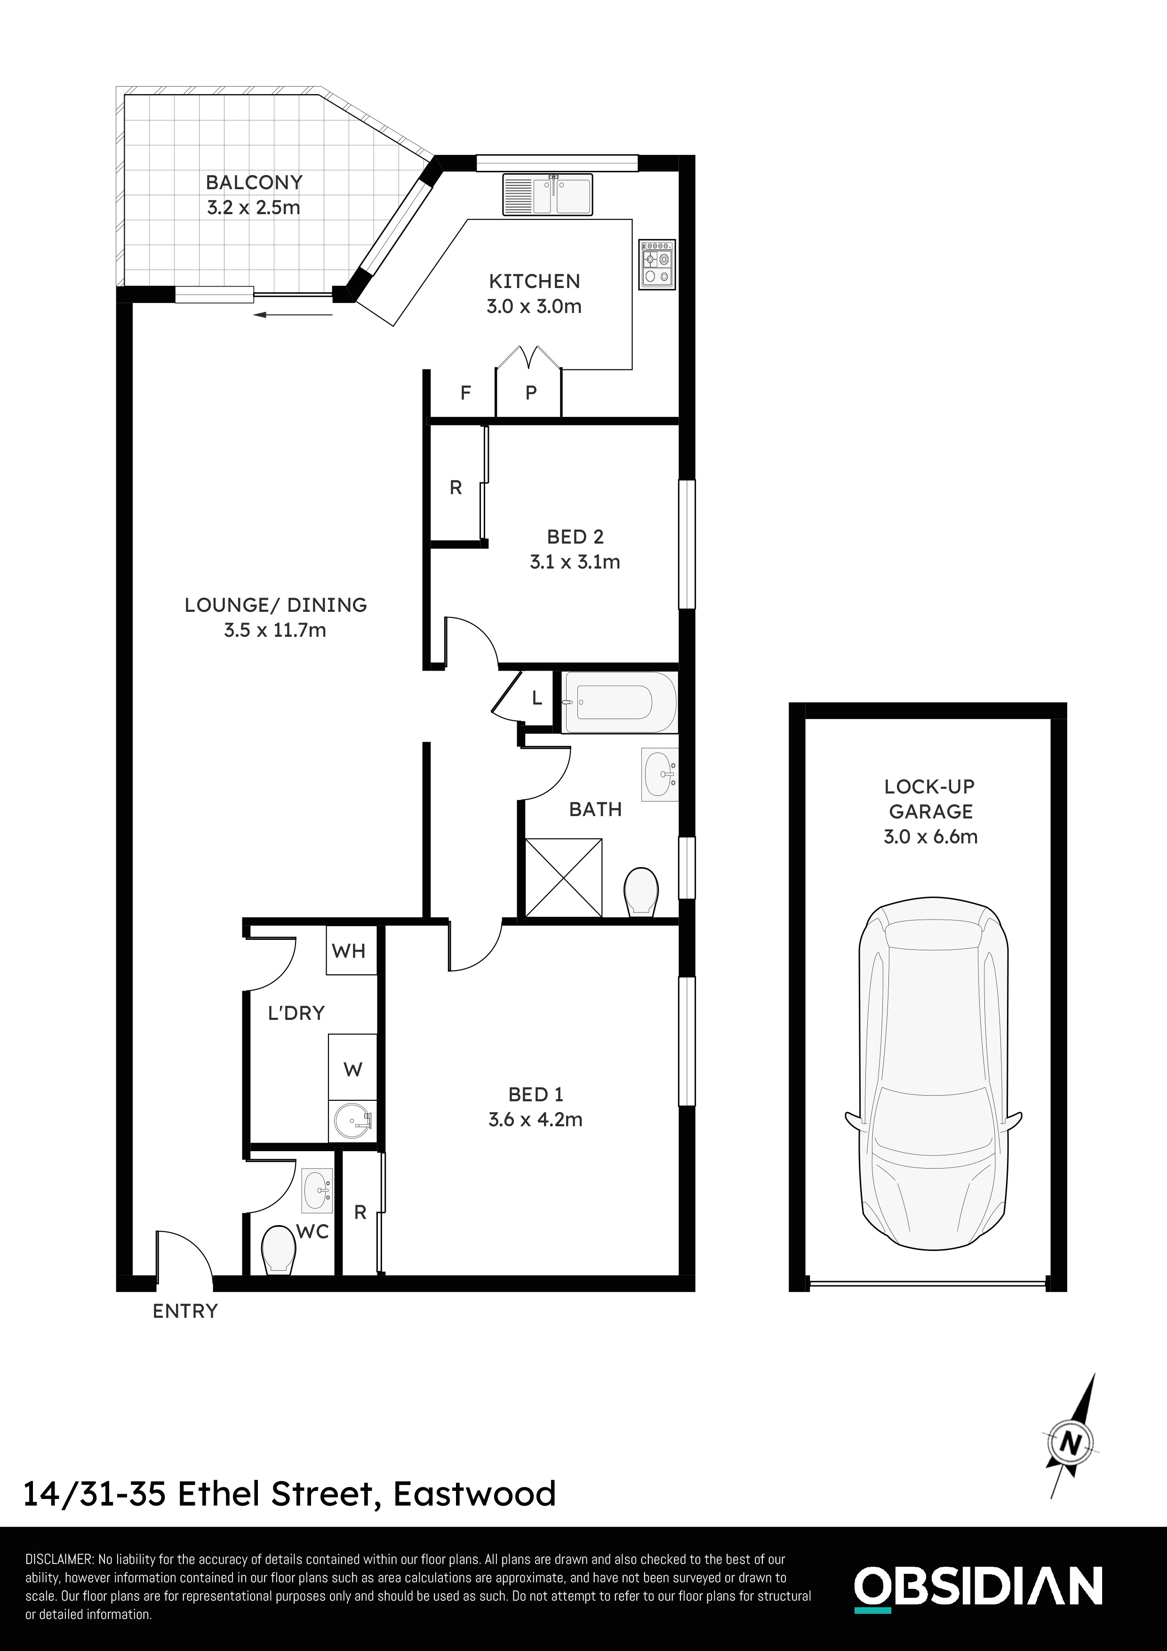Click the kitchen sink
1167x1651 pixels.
coord(548,194)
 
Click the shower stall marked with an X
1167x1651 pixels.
coord(564,877)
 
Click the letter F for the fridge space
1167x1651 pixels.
coord(465,393)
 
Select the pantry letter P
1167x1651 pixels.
coord(531,393)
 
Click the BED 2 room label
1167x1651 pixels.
coord(575,537)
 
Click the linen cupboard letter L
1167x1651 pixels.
coord(536,697)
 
